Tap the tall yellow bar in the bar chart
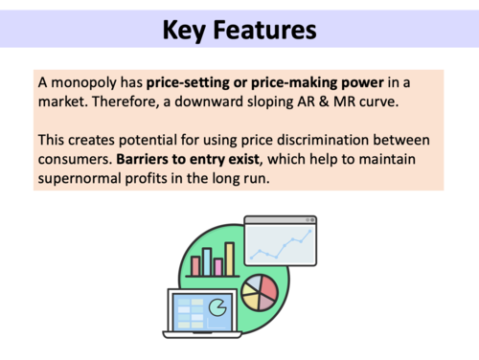(x=230, y=258)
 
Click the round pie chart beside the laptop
(x=260, y=291)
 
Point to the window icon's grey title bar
(x=281, y=221)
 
